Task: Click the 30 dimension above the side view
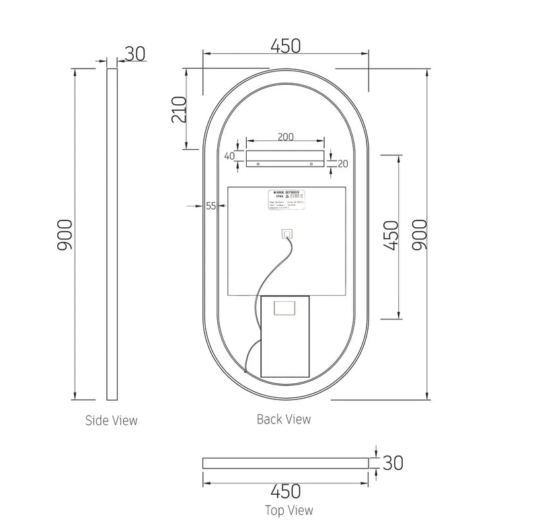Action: tap(135, 54)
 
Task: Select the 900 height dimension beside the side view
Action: tap(65, 235)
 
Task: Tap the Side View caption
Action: tap(111, 421)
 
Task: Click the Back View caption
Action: tap(284, 419)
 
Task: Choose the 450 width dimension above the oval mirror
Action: tap(285, 46)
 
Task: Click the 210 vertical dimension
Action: tap(178, 108)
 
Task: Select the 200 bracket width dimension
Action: tap(285, 136)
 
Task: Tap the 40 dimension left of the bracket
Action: tap(230, 156)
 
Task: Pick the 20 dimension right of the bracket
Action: tap(343, 163)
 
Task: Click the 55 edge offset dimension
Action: tap(211, 206)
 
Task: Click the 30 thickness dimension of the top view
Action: tap(393, 463)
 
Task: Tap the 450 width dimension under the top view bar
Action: tap(286, 491)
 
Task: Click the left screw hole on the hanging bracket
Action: tap(258, 163)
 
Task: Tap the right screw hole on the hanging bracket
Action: tap(313, 163)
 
